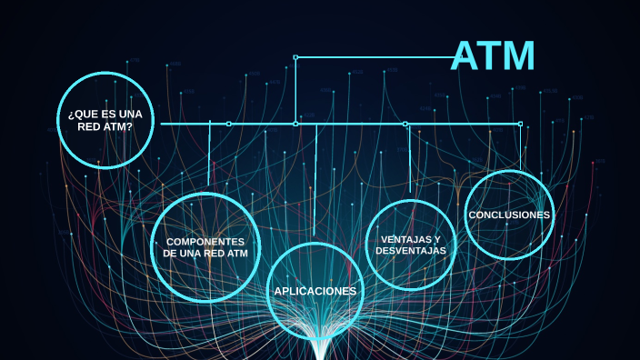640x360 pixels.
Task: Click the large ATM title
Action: tap(494, 56)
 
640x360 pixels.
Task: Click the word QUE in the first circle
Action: tap(84, 113)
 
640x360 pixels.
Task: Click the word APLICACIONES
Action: tap(315, 291)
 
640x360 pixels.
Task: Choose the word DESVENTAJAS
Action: tap(410, 250)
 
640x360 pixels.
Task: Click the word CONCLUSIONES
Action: tap(509, 215)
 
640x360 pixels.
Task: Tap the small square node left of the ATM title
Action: tap(295, 57)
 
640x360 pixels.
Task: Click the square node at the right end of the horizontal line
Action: tap(520, 124)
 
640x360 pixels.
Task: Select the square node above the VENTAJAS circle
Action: tap(405, 124)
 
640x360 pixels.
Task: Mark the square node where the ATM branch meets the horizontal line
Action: tap(295, 124)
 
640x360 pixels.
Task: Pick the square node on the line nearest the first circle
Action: tap(228, 124)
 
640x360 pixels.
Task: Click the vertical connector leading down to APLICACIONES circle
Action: tap(315, 182)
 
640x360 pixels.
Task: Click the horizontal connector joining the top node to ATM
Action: tap(373, 57)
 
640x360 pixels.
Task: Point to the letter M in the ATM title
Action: tap(518, 56)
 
